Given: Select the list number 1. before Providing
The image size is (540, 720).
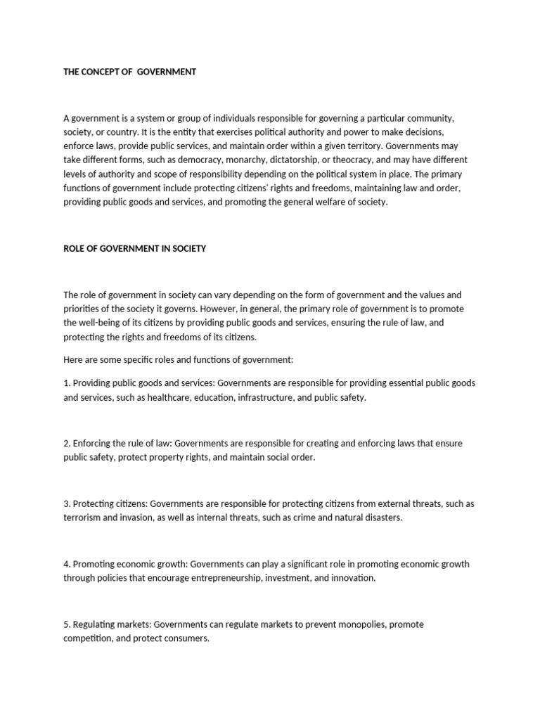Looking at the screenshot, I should [x=67, y=383].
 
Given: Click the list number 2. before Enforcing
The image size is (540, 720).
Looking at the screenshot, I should [x=67, y=443].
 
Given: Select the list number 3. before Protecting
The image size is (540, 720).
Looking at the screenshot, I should [x=67, y=503].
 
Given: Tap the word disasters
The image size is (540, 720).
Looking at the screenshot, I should [x=381, y=517].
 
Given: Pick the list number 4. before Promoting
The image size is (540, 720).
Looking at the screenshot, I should [x=67, y=564].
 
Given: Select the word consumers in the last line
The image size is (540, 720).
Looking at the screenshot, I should [x=187, y=638].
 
